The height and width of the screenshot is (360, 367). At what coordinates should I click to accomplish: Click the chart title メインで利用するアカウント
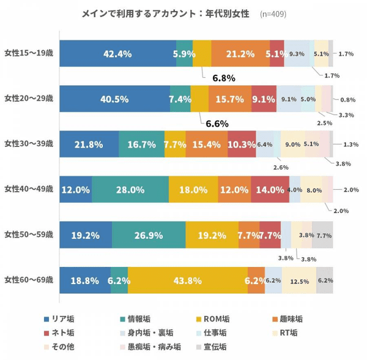point(165,13)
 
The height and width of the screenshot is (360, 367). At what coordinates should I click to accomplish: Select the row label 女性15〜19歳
point(28,53)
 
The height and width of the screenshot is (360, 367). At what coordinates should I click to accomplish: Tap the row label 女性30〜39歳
point(28,144)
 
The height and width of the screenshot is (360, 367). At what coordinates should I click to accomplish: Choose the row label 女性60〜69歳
point(28,280)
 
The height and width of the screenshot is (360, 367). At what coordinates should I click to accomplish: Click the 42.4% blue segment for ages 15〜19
point(117,53)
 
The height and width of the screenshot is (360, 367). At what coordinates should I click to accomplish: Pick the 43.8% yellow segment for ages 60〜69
point(188,280)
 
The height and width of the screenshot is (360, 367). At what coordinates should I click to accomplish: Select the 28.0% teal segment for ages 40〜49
point(130,189)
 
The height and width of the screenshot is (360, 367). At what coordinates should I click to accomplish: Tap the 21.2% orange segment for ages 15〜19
point(240,53)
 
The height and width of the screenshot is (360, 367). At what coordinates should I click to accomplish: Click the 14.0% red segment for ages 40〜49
point(270,189)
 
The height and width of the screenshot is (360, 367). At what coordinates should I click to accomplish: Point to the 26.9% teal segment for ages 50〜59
point(149,234)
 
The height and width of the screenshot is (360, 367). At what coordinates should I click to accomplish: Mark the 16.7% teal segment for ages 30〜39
point(141,144)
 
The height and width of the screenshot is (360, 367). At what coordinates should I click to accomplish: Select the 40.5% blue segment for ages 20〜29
point(115,99)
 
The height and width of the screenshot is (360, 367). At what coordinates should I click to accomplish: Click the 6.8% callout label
point(224,78)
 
